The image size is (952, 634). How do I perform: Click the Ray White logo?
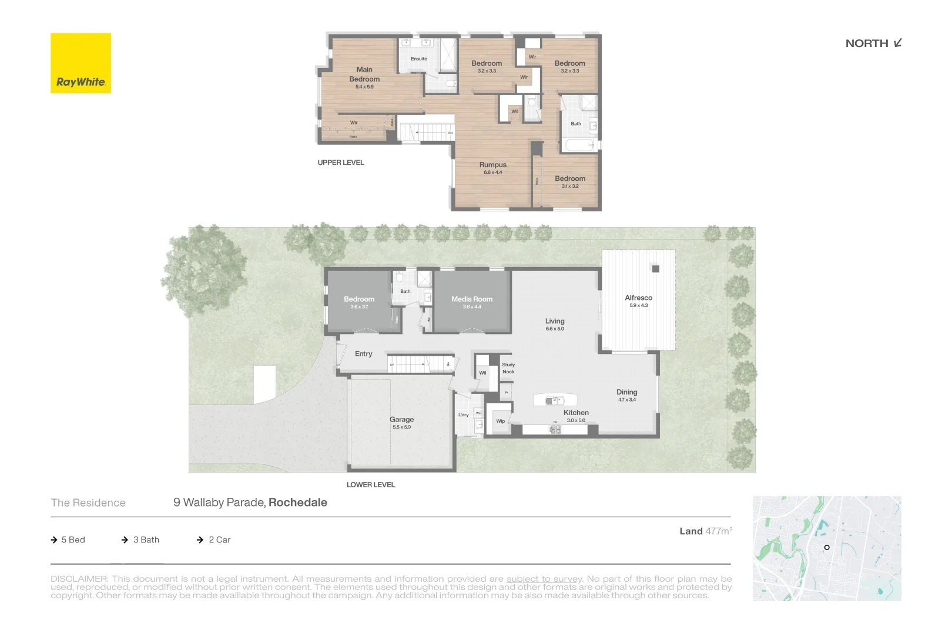81,63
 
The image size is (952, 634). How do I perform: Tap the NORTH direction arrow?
897,43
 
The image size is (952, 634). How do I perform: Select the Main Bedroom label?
364,75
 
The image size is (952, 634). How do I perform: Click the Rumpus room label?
492,165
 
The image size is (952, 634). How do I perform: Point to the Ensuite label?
419,59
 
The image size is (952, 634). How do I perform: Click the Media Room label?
472,299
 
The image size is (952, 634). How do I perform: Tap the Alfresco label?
638,298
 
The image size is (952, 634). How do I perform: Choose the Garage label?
401,420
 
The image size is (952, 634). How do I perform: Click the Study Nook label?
508,368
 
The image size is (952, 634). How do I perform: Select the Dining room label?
626,392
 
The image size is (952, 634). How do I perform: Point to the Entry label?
363,354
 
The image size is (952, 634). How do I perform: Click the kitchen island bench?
555,400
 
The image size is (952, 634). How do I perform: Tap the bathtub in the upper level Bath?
579,144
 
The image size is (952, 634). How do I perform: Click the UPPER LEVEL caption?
341,163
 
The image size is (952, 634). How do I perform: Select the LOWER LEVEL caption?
370,485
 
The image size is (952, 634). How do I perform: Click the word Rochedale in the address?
298,503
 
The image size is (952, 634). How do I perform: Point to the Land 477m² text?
706,531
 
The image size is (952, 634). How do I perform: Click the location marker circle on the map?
827,548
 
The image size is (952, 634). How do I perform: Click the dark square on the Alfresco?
656,269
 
